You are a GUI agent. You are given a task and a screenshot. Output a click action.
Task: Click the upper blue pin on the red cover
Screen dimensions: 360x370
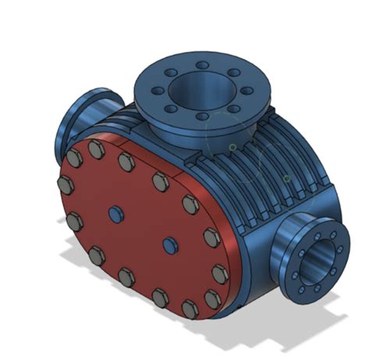(116, 213)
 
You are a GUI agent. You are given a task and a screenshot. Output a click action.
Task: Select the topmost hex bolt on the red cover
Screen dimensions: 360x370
(97, 148)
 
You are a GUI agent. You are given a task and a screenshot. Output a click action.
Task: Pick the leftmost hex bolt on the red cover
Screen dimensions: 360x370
(66, 186)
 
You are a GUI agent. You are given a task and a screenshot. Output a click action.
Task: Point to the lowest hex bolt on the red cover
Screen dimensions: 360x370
(190, 308)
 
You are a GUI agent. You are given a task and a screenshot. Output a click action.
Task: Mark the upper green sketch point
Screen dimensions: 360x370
(232, 146)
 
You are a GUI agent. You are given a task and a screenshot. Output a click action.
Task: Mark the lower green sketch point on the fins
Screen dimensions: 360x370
(287, 179)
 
